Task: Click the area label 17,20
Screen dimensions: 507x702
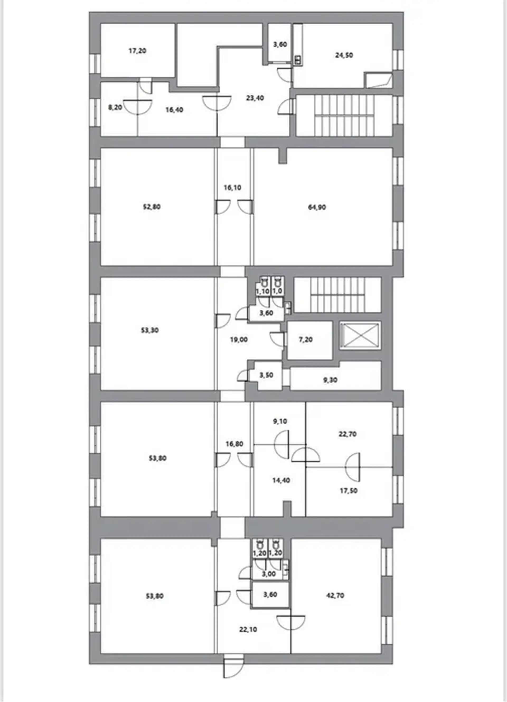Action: [x=137, y=51]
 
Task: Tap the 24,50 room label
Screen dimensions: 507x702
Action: [x=344, y=55]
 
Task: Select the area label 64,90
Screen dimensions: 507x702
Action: [x=317, y=207]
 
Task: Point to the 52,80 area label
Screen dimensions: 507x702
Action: [x=152, y=207]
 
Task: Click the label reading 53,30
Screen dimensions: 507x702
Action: [x=150, y=330]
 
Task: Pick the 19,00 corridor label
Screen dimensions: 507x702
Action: [x=239, y=340]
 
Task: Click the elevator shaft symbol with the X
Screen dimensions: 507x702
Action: [x=360, y=335]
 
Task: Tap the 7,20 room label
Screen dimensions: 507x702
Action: [x=306, y=340]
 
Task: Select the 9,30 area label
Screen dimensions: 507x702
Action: [x=330, y=380]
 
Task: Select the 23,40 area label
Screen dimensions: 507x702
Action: [x=255, y=98]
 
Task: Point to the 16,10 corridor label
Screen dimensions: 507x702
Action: [x=232, y=187]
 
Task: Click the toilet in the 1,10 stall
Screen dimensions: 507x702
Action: [x=264, y=282]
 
